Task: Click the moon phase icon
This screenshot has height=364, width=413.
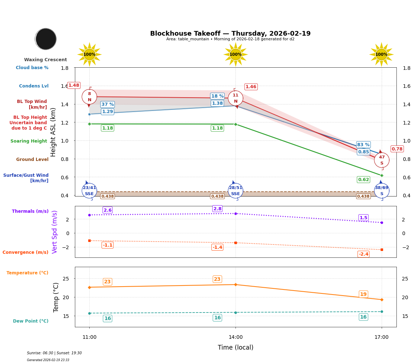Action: tap(46, 39)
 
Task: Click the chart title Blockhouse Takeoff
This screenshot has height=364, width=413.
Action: tap(230, 33)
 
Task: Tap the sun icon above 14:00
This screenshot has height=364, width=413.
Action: tap(235, 54)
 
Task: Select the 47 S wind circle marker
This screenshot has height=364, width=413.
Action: tap(382, 160)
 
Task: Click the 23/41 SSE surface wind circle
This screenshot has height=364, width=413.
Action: tap(89, 190)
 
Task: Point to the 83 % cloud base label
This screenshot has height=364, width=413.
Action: tap(363, 144)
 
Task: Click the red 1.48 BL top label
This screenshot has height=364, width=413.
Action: tap(74, 85)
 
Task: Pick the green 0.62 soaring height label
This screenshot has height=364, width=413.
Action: tap(363, 179)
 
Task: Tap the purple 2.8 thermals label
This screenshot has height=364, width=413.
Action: tap(217, 208)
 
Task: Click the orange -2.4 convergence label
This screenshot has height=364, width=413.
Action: tap(363, 254)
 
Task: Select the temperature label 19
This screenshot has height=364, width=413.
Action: tap(363, 294)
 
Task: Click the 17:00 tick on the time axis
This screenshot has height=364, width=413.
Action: tap(381, 337)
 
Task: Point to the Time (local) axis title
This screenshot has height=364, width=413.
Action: tap(235, 347)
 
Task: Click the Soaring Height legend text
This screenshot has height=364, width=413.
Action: tap(29, 141)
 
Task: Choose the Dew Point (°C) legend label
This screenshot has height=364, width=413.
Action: tap(31, 321)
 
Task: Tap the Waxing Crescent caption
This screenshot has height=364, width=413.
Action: tap(45, 60)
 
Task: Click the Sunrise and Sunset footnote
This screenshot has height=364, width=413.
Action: tap(54, 353)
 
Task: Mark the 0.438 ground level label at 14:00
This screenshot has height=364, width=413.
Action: tap(217, 196)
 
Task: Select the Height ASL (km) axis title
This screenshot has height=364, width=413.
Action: tap(53, 132)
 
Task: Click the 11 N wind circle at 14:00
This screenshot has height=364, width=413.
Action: tap(235, 98)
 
